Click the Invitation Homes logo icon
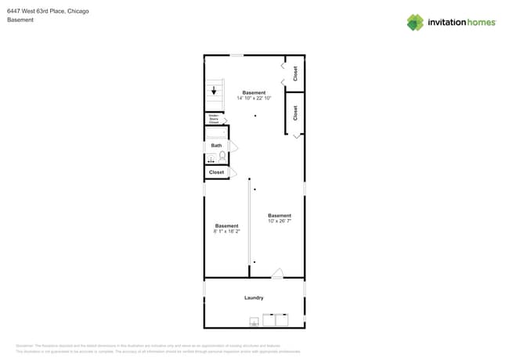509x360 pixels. pos(415,23)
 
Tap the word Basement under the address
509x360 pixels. pos(20,20)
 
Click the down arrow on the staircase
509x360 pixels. pos(214,91)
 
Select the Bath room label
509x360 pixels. pos(216,146)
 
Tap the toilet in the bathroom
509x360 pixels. pos(222,157)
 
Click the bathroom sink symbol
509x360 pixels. pos(211,160)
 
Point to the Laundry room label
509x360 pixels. pos(254,297)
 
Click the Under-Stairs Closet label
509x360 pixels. pos(213,119)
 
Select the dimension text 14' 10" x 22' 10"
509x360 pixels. pos(254,98)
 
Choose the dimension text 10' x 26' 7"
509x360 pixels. pos(280,221)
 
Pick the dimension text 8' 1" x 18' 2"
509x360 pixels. pos(227,232)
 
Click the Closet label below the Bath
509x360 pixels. pos(216,172)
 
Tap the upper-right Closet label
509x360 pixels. pos(295,73)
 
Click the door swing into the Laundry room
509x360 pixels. pos(277,273)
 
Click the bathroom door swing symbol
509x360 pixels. pos(233,146)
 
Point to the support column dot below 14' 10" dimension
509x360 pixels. pos(254,116)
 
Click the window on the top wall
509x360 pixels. pos(236,55)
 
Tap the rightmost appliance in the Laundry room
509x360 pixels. pos(282,319)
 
